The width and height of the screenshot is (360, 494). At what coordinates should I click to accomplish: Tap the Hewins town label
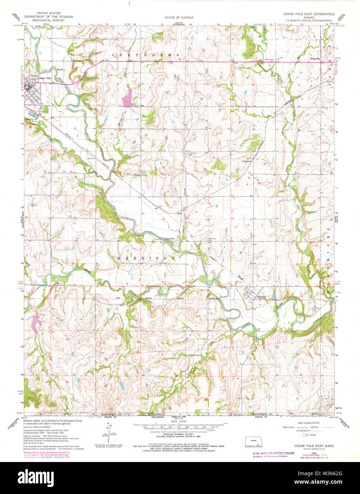click(262, 297)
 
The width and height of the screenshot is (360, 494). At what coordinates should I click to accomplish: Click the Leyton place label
click(247, 161)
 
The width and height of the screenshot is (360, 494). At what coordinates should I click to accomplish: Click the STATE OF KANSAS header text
click(179, 17)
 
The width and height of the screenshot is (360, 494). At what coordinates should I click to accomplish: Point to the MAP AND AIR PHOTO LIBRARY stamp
click(273, 453)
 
